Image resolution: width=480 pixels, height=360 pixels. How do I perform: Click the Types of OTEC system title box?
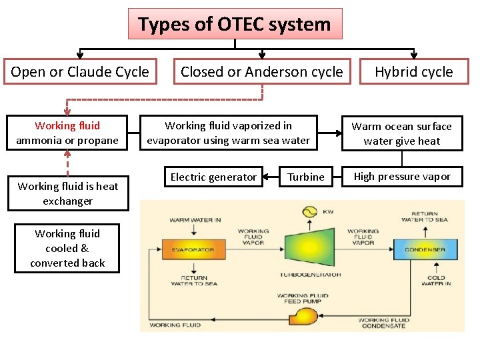[235, 24]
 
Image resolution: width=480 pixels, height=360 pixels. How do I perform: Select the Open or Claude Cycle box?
[80, 71]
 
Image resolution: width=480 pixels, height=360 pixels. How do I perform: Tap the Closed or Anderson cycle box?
[261, 71]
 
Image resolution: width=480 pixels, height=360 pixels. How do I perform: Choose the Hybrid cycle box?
[413, 71]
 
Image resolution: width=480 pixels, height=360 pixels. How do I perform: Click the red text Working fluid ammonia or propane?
[67, 133]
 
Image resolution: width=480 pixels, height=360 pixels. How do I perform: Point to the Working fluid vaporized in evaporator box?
[228, 133]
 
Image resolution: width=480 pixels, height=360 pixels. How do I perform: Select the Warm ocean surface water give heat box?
[401, 133]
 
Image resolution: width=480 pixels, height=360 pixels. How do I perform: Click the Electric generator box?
[213, 177]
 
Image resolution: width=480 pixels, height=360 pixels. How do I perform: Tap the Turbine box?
[306, 177]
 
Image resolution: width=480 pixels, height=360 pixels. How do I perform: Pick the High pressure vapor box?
[401, 177]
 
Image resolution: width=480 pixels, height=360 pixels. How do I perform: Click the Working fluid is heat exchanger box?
[67, 193]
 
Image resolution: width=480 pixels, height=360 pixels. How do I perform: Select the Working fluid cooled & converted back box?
[67, 248]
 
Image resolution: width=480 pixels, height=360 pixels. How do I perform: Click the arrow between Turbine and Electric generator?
[271, 177]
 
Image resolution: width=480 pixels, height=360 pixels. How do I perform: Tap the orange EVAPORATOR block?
[193, 250]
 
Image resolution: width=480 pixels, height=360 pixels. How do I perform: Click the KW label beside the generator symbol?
[328, 211]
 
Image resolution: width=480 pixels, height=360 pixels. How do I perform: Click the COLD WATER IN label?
[436, 281]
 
